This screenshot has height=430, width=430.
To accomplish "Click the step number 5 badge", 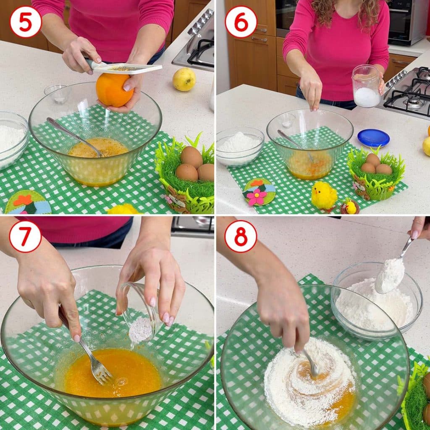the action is (x=26, y=22).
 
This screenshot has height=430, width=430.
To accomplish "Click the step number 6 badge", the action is (x=241, y=22).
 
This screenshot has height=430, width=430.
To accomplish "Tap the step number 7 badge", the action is (x=26, y=236).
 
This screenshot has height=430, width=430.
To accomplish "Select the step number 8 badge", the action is (x=241, y=236).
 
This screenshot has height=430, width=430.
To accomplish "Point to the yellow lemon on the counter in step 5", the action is (x=184, y=79).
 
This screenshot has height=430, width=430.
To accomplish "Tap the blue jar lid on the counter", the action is (x=373, y=138).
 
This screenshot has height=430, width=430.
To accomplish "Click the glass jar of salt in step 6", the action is (x=366, y=86).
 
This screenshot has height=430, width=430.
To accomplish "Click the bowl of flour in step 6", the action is (x=240, y=147).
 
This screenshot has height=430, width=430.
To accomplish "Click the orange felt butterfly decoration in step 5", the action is (x=23, y=200).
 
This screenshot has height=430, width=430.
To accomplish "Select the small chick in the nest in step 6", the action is (x=350, y=207).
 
